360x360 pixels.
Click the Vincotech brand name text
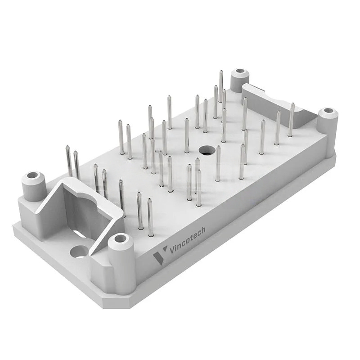(x=187, y=240)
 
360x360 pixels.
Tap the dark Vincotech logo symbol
(x=160, y=255)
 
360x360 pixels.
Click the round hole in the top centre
(x=207, y=150)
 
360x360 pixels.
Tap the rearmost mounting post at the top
(x=240, y=81)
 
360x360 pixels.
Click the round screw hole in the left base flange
(x=79, y=252)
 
